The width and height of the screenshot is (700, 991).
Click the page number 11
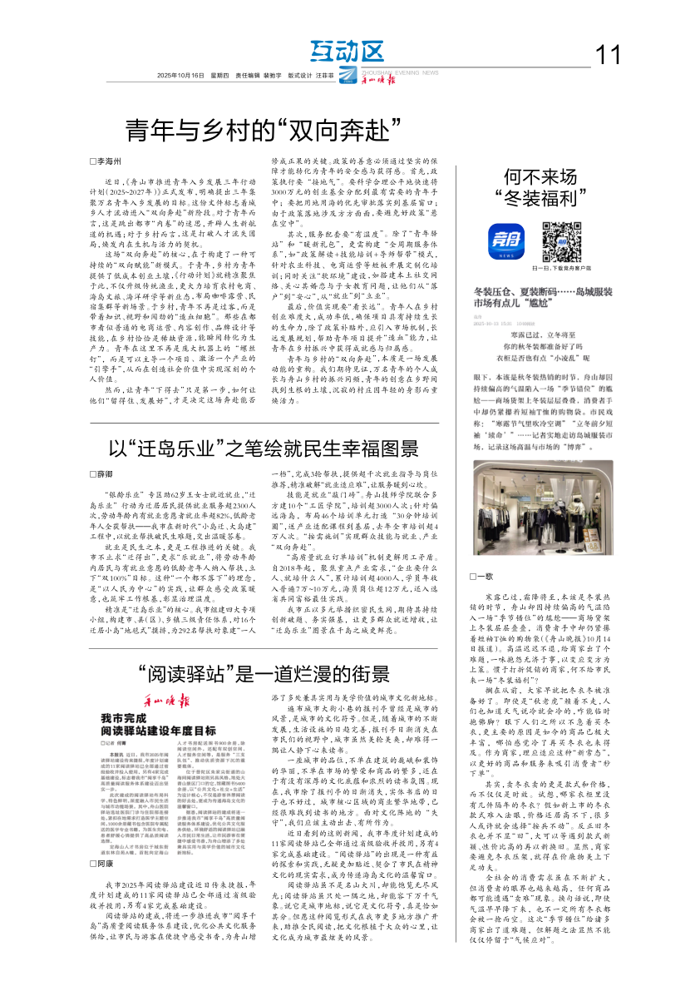click(x=609, y=55)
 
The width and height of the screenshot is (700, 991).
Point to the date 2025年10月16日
click(x=180, y=75)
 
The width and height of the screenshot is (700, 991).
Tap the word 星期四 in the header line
click(x=220, y=75)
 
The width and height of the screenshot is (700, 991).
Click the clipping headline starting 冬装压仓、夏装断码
click(x=542, y=298)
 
